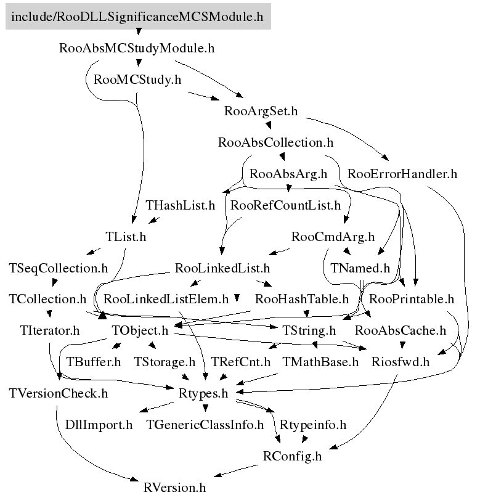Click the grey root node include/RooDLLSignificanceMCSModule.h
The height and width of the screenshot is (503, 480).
[x=137, y=17]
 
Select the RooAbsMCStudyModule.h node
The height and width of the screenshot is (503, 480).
[x=137, y=48]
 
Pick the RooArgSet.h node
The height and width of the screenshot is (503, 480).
[x=261, y=112]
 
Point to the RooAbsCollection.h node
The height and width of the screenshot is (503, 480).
[x=275, y=142]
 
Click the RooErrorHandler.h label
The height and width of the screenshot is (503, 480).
[x=402, y=174]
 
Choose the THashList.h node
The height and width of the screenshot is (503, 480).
[x=181, y=205]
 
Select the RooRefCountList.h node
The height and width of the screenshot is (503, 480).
[x=285, y=205]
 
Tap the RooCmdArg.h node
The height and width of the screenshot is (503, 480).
[x=333, y=237]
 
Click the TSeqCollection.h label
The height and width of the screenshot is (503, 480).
[x=59, y=268]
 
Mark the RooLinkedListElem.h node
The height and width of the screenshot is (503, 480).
[x=166, y=300]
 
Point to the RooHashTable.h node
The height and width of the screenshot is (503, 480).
[x=302, y=300]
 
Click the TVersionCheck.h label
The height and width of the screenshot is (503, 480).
[x=59, y=393]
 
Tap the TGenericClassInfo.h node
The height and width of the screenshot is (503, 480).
[x=205, y=425]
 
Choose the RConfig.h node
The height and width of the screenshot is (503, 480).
[x=292, y=457]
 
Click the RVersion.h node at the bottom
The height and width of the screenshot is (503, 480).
[x=174, y=488]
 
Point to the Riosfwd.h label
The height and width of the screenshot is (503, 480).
[x=401, y=362]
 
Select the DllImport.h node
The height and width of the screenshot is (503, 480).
[x=99, y=425]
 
